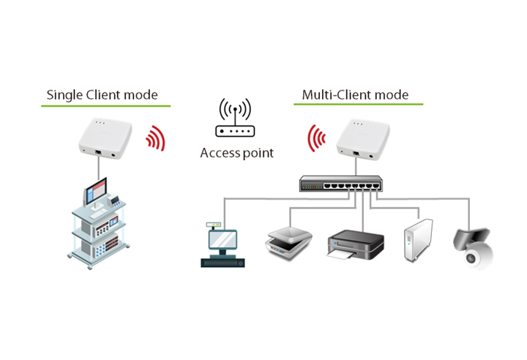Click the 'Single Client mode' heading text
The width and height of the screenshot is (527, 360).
(102, 94)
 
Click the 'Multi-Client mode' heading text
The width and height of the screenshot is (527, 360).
(355, 95)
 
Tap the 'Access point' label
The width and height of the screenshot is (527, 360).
(236, 153)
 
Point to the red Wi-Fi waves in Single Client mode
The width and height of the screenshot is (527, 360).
(155, 138)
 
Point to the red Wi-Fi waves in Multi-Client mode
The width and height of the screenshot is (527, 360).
(316, 138)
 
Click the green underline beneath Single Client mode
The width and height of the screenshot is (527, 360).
(105, 106)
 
